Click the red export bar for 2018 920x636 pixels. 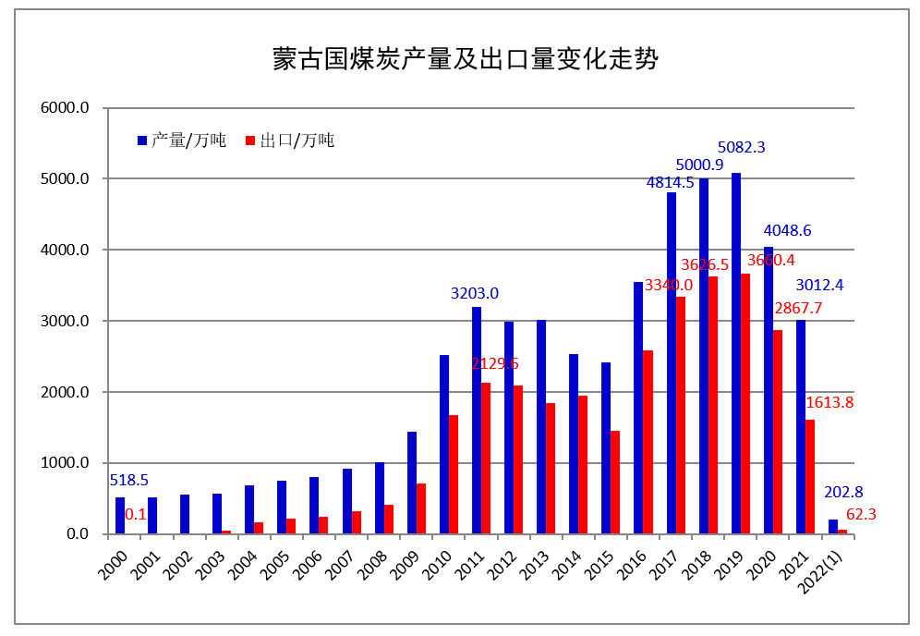click(713, 405)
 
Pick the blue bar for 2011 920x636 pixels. click(477, 420)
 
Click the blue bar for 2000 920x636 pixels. click(120, 515)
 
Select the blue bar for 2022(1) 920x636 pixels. click(833, 527)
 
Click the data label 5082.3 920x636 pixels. click(742, 147)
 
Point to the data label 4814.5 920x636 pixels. click(670, 182)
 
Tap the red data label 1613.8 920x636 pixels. click(829, 402)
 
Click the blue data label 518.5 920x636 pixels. click(128, 480)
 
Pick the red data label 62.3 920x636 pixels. click(861, 514)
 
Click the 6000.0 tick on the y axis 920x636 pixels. click(64, 107)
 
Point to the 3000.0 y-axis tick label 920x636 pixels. click(64, 321)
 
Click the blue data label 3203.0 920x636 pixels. click(475, 293)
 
